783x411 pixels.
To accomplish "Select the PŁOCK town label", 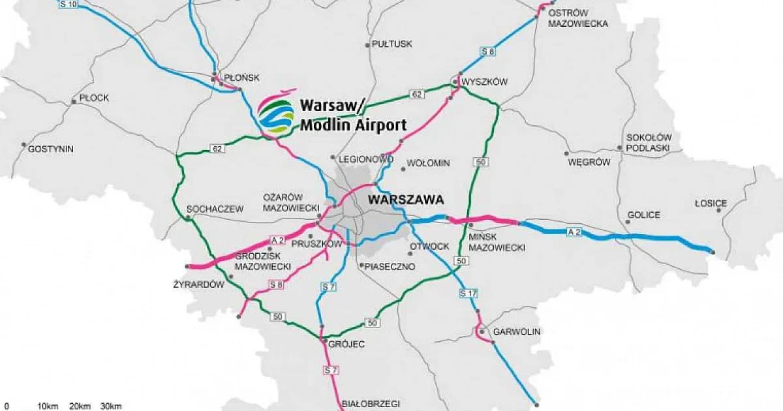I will pos(93,98).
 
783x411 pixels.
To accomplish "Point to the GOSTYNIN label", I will pos(51,149).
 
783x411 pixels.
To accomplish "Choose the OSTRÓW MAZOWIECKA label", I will pos(578,18).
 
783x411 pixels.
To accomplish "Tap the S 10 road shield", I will pos(68,5).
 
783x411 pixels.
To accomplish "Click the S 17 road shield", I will pos(468,292).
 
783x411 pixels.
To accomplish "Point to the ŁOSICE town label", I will pos(711,203).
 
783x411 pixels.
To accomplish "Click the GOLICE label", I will pos(643,215).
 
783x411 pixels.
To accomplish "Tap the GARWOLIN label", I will pos(517,331).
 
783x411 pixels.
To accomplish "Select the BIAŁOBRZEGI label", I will pos(371,403).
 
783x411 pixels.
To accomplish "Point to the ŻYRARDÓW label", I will pos(199,284).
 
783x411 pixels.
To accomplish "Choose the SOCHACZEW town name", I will pos(215,209).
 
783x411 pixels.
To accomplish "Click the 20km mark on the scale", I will pos(80,406).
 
